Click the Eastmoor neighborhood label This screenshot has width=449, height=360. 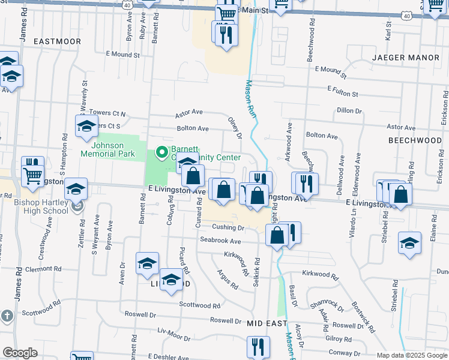click(57, 41)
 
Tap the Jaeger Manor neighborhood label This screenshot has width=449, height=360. click(406, 58)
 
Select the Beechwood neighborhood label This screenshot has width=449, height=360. click(415, 140)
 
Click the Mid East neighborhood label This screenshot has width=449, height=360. click(268, 323)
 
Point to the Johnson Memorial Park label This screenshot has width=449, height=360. click(107, 149)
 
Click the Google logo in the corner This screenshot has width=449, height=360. click(20, 353)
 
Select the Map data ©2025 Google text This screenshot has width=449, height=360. click(412, 355)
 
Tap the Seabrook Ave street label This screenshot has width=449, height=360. click(220, 241)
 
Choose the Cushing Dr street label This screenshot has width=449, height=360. click(228, 227)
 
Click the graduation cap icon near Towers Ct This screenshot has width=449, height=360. click(86, 127)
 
